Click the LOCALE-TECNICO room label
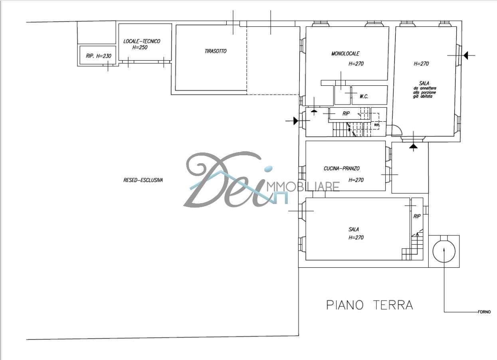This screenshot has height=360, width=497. (x=142, y=41)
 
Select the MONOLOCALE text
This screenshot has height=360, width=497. (x=345, y=53)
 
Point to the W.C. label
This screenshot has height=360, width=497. (x=364, y=97)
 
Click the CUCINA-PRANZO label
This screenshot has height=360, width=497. (x=341, y=168)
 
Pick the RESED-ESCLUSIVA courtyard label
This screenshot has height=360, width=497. (x=143, y=180)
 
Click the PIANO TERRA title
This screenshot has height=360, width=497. (x=370, y=305)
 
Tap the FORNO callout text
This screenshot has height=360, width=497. (x=484, y=312)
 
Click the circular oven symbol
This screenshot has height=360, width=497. (x=444, y=251)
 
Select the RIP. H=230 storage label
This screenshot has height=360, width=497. (x=99, y=56)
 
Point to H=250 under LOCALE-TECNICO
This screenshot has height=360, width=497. (x=140, y=47)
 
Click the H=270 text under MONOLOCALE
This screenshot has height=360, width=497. (x=356, y=64)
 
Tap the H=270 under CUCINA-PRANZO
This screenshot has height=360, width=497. (x=356, y=180)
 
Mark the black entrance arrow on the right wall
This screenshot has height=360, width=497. (x=465, y=55)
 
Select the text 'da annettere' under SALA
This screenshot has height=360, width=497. (x=424, y=88)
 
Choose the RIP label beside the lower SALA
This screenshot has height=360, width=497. (x=417, y=216)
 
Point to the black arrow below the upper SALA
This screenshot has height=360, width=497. (x=413, y=146)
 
